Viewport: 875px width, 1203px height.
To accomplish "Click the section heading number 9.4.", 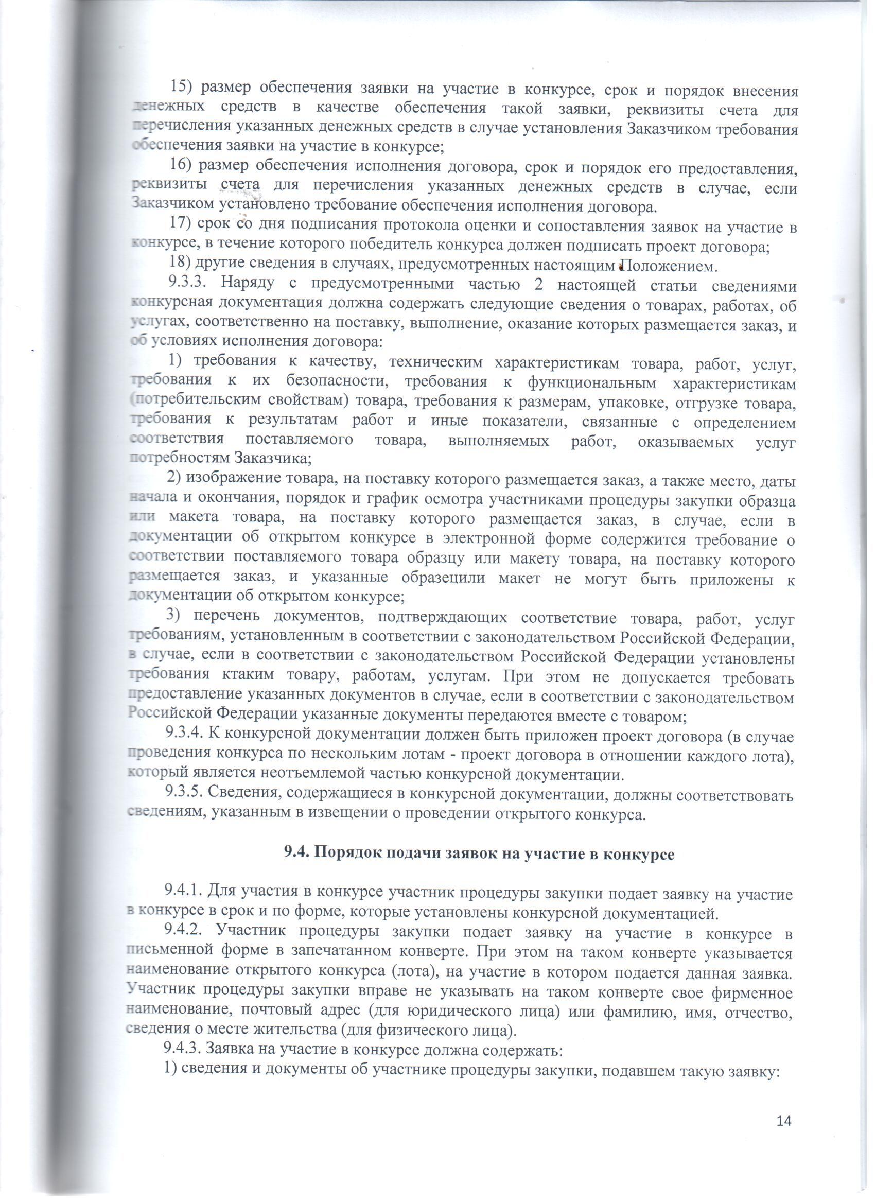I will pyautogui.click(x=293, y=855).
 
